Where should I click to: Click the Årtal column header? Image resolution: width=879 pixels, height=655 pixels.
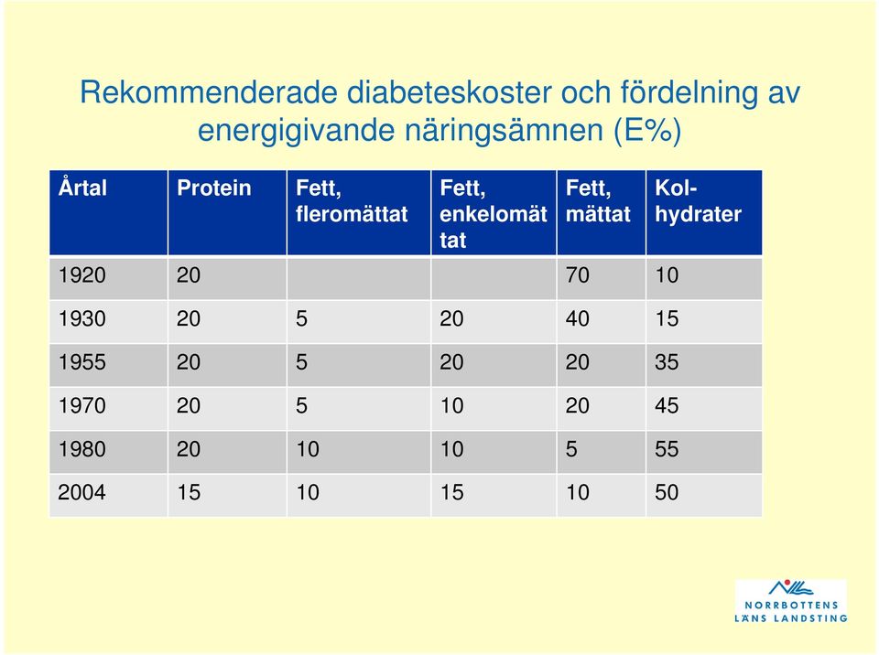(x=82, y=188)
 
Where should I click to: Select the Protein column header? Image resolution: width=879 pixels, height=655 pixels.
(x=213, y=188)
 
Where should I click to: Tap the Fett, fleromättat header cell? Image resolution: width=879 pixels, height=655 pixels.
(x=352, y=200)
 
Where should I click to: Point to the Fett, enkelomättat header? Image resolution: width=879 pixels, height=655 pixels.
(x=494, y=213)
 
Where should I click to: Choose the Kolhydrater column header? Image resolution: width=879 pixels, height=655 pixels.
(x=698, y=200)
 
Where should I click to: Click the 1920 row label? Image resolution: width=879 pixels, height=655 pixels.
(x=81, y=275)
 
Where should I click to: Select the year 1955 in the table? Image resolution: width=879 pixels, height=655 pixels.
(x=81, y=362)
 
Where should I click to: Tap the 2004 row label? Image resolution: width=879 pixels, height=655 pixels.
(x=81, y=492)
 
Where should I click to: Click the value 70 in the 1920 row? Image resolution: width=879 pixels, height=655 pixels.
(x=578, y=275)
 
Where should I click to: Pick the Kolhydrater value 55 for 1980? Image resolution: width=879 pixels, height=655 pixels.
(x=667, y=449)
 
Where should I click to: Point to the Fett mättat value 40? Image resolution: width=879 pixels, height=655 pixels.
(x=578, y=319)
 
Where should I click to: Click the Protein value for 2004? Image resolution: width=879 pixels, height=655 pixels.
(x=189, y=492)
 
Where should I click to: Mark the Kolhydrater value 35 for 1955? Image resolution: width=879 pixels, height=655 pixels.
(x=667, y=362)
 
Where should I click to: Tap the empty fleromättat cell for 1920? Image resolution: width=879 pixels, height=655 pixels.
(x=359, y=278)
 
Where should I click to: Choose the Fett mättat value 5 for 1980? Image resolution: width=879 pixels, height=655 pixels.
(x=571, y=449)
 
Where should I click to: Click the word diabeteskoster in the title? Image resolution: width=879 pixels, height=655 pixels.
(x=449, y=91)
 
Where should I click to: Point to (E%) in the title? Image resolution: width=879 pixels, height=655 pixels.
(x=647, y=131)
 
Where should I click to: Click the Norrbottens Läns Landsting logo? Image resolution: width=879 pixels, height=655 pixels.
(x=791, y=601)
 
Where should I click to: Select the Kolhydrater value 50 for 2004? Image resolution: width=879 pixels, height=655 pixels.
(x=667, y=492)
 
